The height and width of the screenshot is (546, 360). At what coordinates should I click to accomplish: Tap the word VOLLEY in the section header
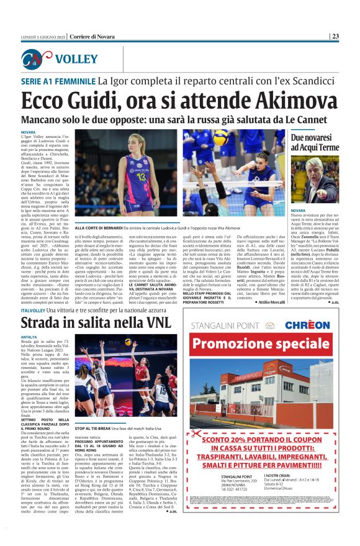click(76, 60)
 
